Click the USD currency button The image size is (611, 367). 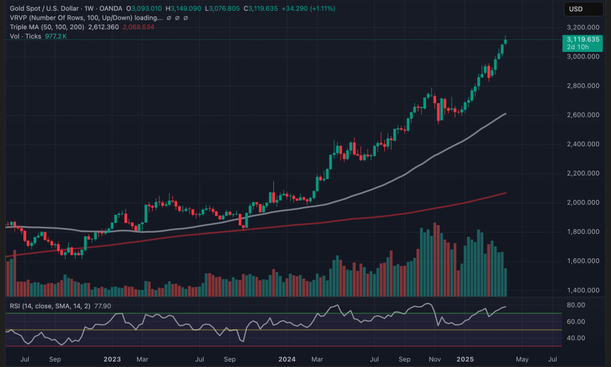576,9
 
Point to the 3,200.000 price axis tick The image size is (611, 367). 582,27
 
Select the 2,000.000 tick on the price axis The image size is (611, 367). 582,203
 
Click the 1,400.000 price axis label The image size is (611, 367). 582,291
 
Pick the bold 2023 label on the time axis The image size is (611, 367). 112,359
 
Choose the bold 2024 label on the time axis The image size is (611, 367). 287,359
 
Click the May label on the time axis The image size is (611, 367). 522,359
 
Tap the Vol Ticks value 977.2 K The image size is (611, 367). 55,36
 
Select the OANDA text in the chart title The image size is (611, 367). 112,9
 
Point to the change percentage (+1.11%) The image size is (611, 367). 319,9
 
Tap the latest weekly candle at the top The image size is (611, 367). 506,41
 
